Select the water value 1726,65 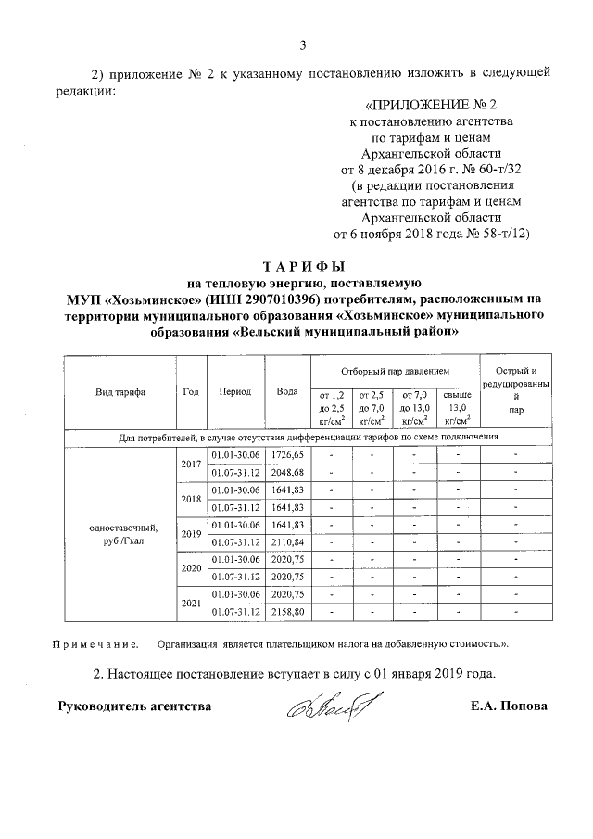[285, 455]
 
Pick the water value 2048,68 [285, 473]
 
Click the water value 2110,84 [285, 542]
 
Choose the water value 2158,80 [285, 612]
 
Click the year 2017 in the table [192, 464]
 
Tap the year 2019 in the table [192, 534]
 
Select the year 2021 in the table [192, 604]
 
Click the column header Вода [285, 391]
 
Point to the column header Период [235, 391]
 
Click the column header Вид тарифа [120, 391]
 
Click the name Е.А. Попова [509, 706]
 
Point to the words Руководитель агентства [135, 706]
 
